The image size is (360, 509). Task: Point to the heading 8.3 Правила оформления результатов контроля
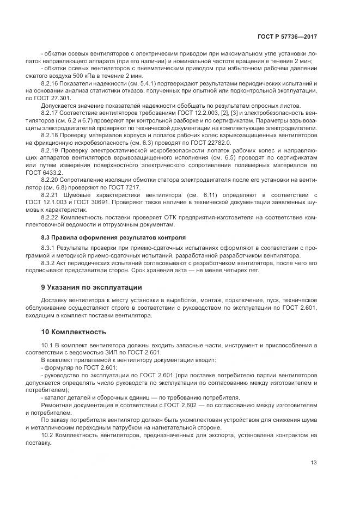[x=113, y=237]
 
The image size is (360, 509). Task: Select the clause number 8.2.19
[x=51, y=149]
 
